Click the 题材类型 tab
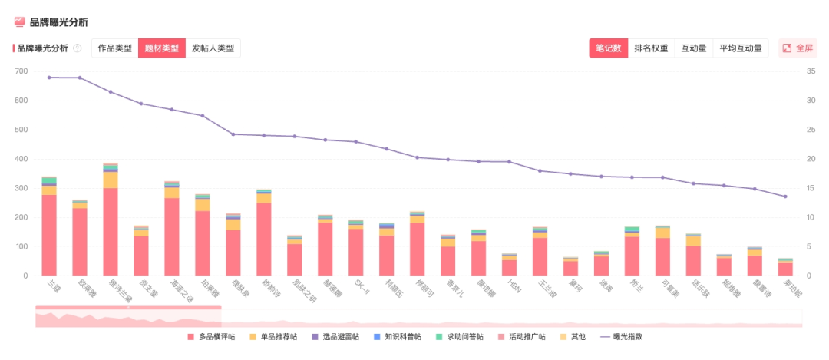pyautogui.click(x=162, y=48)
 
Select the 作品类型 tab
pyautogui.click(x=115, y=48)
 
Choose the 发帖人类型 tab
pyautogui.click(x=213, y=48)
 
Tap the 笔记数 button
pyautogui.click(x=609, y=48)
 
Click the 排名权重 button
pyautogui.click(x=651, y=48)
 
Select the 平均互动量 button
pyautogui.click(x=741, y=48)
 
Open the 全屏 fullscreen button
pyautogui.click(x=798, y=48)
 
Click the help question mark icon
pyautogui.click(x=78, y=48)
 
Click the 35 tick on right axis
pyautogui.click(x=811, y=71)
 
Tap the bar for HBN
pyautogui.click(x=510, y=265)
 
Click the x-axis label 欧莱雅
pyautogui.click(x=78, y=288)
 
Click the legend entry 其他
pyautogui.click(x=573, y=336)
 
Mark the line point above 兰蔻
pyautogui.click(x=49, y=77)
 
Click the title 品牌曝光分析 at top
pyautogui.click(x=58, y=22)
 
